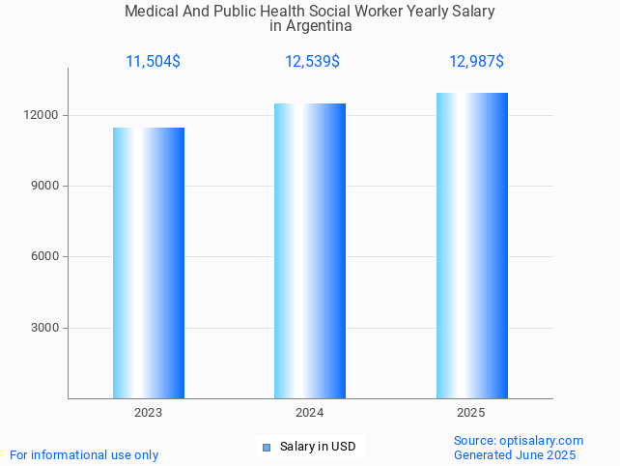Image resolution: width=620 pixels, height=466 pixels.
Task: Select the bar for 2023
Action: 149,263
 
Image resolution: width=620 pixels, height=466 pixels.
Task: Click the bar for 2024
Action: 310,251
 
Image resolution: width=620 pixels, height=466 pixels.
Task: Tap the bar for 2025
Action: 471,246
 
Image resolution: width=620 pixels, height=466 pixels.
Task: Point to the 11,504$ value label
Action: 153,62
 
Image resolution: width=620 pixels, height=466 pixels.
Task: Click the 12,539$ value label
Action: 312,62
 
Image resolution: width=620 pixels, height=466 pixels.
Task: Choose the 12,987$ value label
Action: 476,62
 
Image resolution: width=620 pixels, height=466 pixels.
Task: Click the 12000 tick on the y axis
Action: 42,115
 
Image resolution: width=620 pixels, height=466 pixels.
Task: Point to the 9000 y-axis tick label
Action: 45,186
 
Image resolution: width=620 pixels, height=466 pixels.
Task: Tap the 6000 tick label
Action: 45,256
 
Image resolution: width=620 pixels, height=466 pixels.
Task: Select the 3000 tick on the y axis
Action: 45,328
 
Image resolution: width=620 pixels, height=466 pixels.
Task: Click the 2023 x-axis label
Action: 149,413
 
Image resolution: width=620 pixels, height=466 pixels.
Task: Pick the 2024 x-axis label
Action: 310,413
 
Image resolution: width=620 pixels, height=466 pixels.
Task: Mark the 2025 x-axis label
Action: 471,413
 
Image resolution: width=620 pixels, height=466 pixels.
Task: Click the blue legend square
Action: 267,447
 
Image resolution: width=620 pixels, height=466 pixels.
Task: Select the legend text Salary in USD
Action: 318,447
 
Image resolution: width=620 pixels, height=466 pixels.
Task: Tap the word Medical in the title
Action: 150,12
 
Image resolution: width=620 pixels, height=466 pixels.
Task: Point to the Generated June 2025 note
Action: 515,455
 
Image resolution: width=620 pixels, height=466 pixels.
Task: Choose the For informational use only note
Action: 84,455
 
